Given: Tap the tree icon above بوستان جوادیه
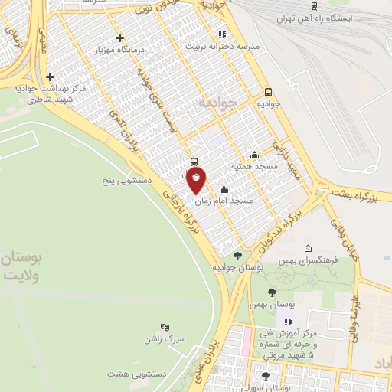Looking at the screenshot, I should pos(237,255).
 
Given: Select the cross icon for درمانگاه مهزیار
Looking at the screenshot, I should pos(119,38).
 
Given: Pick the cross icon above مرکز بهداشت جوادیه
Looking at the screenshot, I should pos(51,77).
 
